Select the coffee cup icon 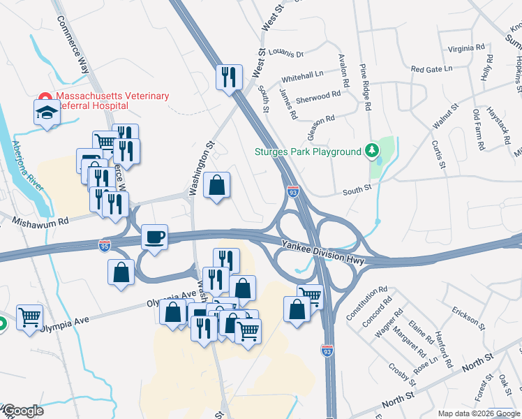(154, 237)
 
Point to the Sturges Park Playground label (308, 152)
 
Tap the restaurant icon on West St (228, 76)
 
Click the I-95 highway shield (104, 244)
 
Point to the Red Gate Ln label (431, 69)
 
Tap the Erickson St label (467, 316)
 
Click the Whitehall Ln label (302, 74)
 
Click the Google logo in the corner (22, 411)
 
